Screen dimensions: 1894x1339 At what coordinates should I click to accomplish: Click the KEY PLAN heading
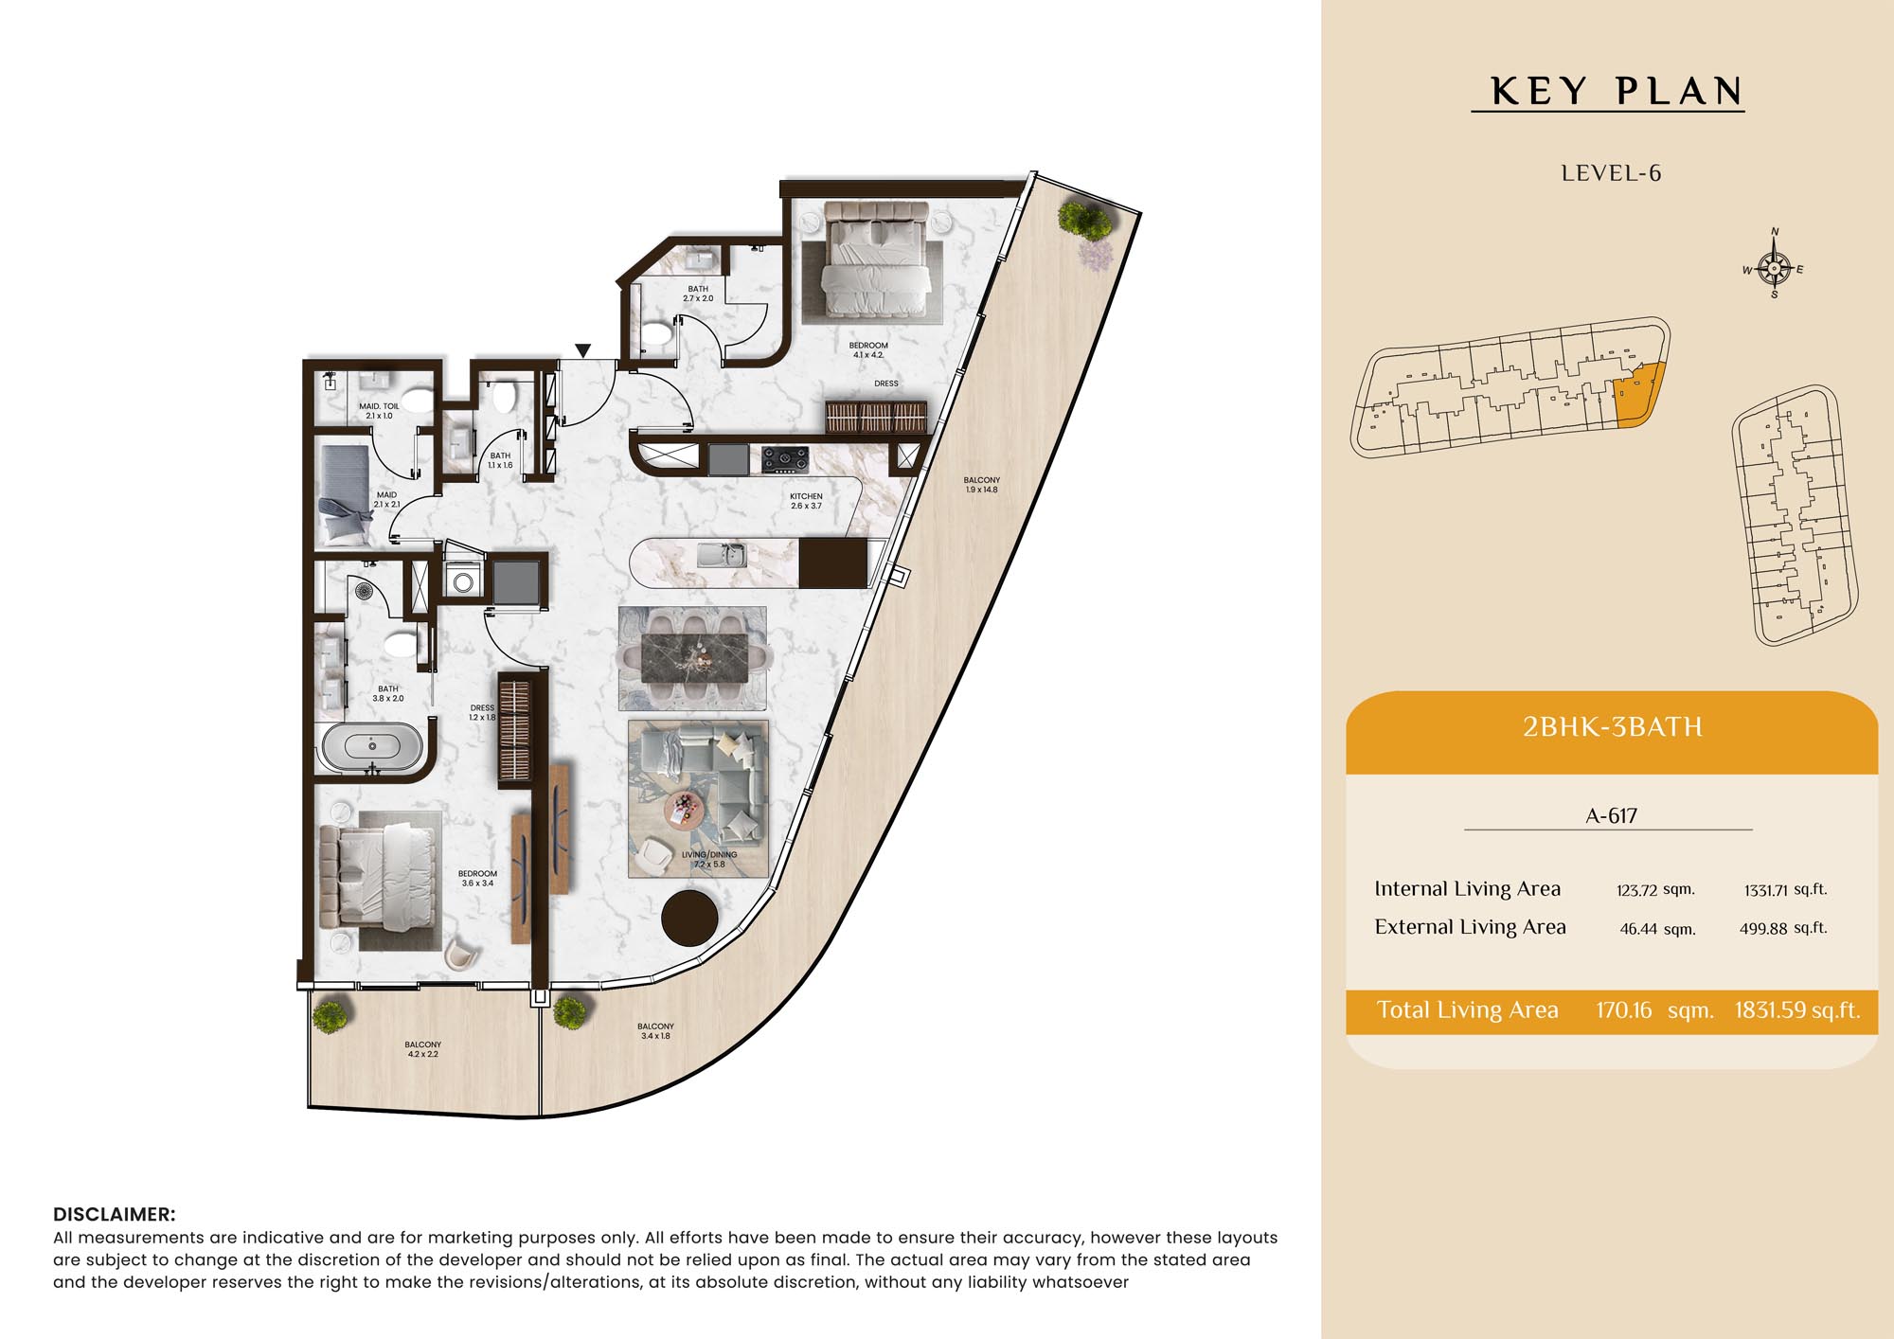pyautogui.click(x=1617, y=91)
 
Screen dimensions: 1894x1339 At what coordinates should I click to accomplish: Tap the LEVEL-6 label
pyautogui.click(x=1611, y=173)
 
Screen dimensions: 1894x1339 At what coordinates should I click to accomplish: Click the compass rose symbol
pyautogui.click(x=1774, y=268)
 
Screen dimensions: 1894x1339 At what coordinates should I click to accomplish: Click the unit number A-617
pyautogui.click(x=1611, y=815)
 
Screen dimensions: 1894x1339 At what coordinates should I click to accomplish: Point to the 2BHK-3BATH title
pyautogui.click(x=1612, y=726)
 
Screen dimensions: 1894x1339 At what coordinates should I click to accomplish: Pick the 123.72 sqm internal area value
pyautogui.click(x=1655, y=890)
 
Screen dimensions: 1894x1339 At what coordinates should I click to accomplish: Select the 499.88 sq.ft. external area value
pyautogui.click(x=1783, y=928)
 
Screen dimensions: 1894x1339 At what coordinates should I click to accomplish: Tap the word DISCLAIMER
pyautogui.click(x=115, y=1214)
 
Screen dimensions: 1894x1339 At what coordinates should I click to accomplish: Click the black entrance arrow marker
pyautogui.click(x=583, y=350)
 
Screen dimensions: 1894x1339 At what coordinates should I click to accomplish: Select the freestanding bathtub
pyautogui.click(x=372, y=747)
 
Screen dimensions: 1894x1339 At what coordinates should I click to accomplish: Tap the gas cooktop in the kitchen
pyautogui.click(x=785, y=459)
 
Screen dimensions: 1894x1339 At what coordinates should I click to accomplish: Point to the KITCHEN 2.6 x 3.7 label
pyautogui.click(x=806, y=501)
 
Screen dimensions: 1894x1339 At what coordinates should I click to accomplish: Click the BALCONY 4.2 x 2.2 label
pyautogui.click(x=422, y=1049)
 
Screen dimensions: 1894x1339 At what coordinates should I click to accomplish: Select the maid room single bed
pyautogui.click(x=344, y=495)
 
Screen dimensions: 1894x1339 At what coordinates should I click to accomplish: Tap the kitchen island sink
pyautogui.click(x=723, y=555)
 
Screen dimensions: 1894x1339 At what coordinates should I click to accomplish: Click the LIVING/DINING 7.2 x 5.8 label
pyautogui.click(x=709, y=859)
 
